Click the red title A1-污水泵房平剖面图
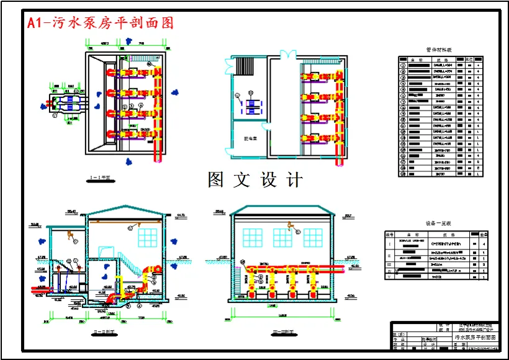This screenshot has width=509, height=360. [x=100, y=23]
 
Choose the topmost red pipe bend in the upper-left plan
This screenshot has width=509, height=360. [x=114, y=72]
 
